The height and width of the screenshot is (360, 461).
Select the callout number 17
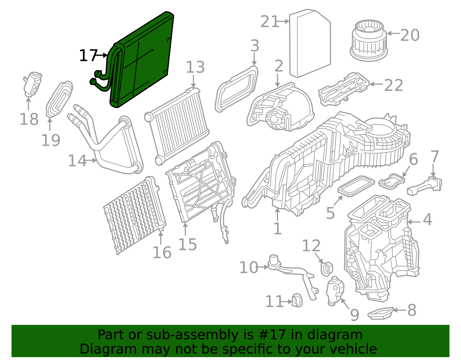pyautogui.click(x=88, y=56)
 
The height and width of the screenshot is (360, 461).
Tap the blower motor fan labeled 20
pyautogui.click(x=368, y=40)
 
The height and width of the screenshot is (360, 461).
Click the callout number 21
pyautogui.click(x=270, y=22)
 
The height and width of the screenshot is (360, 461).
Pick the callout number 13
pyautogui.click(x=195, y=67)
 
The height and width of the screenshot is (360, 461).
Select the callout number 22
pyautogui.click(x=394, y=86)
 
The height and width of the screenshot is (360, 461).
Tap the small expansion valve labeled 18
pyautogui.click(x=32, y=83)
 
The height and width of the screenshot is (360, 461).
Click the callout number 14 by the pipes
pyautogui.click(x=77, y=161)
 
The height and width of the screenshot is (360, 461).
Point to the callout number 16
pyautogui.click(x=162, y=253)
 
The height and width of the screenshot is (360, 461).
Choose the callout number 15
pyautogui.click(x=187, y=245)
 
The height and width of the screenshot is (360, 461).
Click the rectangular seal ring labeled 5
pyautogui.click(x=356, y=186)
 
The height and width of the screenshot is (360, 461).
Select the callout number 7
pyautogui.click(x=434, y=157)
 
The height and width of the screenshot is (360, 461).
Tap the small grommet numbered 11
pyautogui.click(x=297, y=301)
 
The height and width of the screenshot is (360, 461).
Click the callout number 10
pyautogui.click(x=248, y=267)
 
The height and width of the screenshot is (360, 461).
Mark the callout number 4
pyautogui.click(x=427, y=220)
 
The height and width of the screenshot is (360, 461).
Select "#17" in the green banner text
pyautogui.click(x=272, y=335)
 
